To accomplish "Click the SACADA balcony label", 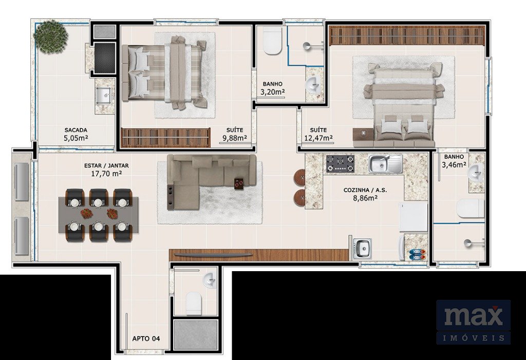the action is [x=76, y=130].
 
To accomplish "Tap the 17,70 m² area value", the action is [x=106, y=174].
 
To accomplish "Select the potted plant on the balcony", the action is [x=51, y=36].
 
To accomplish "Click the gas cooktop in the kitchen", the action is [x=340, y=163].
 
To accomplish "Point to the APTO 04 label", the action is [x=146, y=338].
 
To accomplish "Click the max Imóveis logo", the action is [x=473, y=322].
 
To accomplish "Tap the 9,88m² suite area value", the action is [x=234, y=138].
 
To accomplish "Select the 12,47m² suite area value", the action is [x=318, y=138].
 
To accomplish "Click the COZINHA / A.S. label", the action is [x=365, y=190].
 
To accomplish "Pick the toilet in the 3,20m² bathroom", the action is [x=272, y=41].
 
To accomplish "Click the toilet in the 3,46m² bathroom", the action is [x=471, y=209].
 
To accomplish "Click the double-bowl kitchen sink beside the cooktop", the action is [x=386, y=164].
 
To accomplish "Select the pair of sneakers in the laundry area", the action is [x=418, y=254].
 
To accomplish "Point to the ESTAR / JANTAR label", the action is [x=106, y=166].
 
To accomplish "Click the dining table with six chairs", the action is [x=99, y=215].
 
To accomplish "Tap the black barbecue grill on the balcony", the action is [x=105, y=58].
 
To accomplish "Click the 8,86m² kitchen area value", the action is [x=365, y=198].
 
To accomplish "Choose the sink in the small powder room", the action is [x=210, y=280].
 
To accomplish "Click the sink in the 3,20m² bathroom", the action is [x=313, y=85].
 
